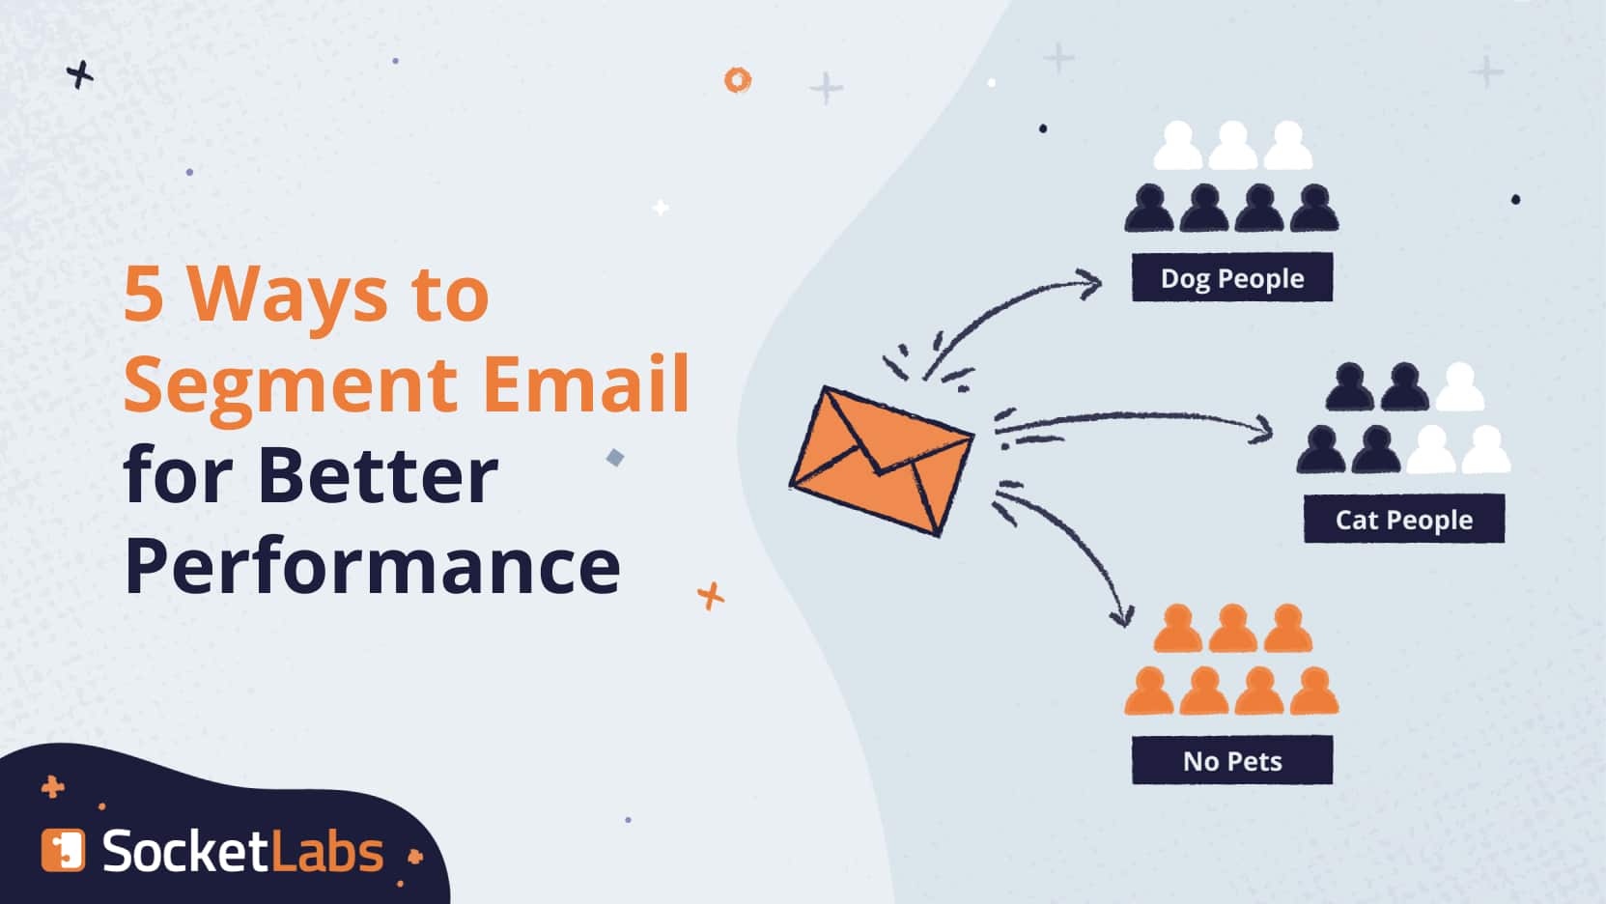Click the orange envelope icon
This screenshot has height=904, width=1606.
pos(882,461)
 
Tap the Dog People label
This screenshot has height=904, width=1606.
pos(1231,277)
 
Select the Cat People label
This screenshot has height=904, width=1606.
pos(1404,519)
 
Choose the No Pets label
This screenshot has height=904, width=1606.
pos(1231,761)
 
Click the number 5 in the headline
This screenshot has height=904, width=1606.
pos(144,294)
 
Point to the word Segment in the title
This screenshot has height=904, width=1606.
pos(291,387)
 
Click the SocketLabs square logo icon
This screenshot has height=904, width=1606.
pos(63,850)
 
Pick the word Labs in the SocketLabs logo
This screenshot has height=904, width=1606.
pos(327,851)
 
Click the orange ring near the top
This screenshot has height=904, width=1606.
pos(737,79)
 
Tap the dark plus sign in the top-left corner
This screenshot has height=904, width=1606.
pos(79,73)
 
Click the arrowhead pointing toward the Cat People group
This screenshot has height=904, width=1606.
pos(1262,430)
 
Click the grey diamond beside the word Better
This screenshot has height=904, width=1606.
pos(615,458)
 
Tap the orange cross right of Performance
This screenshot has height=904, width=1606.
pos(711,596)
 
